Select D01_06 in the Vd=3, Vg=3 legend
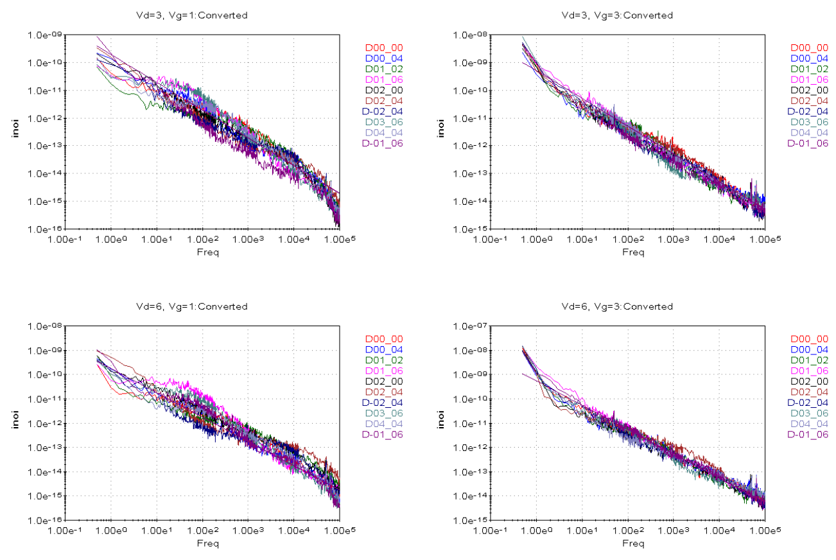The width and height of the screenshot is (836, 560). click(x=809, y=79)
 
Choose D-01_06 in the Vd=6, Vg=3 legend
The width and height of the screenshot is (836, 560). click(x=808, y=435)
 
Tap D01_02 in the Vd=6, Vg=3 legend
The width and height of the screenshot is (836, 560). click(x=809, y=360)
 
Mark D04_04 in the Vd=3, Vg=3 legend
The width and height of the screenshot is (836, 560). click(x=809, y=132)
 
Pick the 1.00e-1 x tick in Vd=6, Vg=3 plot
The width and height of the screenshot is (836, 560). click(x=491, y=532)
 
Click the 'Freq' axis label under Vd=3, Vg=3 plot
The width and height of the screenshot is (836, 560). click(x=633, y=252)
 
